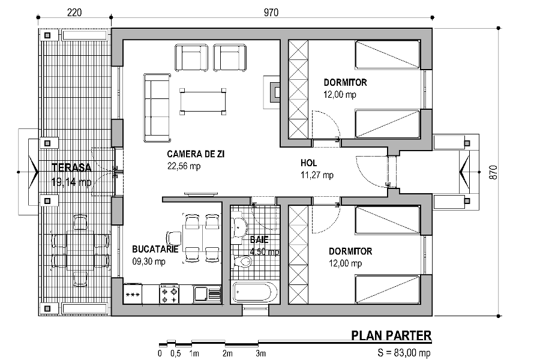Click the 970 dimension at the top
(271, 13)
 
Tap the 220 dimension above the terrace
(74, 13)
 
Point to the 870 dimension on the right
(493, 172)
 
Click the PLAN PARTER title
(391, 335)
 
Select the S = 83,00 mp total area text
(404, 353)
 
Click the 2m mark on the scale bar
(227, 353)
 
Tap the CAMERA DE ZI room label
(196, 154)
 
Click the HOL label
(308, 163)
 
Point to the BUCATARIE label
(155, 249)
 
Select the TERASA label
(71, 167)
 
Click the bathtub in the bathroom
(255, 292)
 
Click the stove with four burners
(169, 294)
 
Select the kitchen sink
(208, 294)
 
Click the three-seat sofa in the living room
(157, 108)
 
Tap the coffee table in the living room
(203, 101)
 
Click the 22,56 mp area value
(184, 166)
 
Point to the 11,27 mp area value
(317, 175)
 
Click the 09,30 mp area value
(149, 262)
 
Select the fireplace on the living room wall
(272, 92)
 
